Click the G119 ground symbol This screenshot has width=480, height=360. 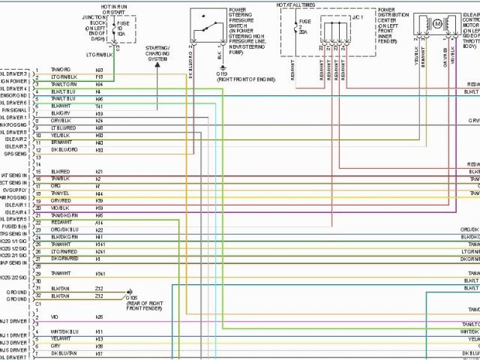pos(222,67)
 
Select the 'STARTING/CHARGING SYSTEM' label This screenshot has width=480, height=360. pos(158,54)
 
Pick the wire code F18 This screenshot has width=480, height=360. pos(99,76)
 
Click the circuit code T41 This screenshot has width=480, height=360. pos(99,106)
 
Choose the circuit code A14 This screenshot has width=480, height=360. pos(99,223)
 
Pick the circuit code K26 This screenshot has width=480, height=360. pos(99,317)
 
